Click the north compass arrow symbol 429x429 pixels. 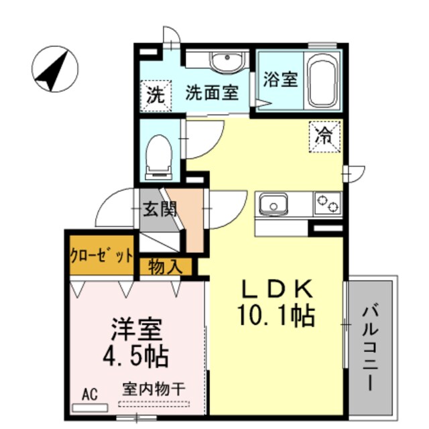pyautogui.click(x=54, y=69)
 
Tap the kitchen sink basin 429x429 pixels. pyautogui.click(x=273, y=202)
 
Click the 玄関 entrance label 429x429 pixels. pyautogui.click(x=160, y=208)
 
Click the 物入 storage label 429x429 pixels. pyautogui.click(x=166, y=266)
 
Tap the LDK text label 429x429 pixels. pyautogui.click(x=276, y=290)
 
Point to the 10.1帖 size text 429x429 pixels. pyautogui.click(x=276, y=315)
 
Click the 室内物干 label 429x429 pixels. pyautogui.click(x=154, y=389)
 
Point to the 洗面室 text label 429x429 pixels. pyautogui.click(x=212, y=93)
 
